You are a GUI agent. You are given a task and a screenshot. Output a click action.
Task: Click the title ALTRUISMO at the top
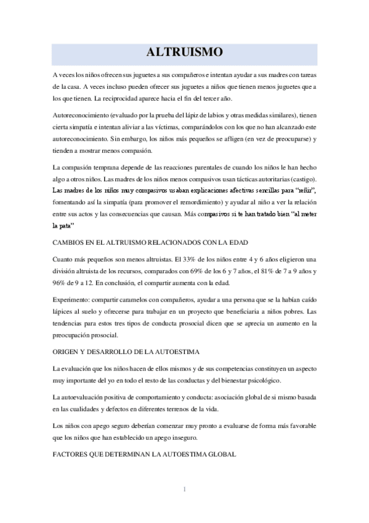(x=184, y=52)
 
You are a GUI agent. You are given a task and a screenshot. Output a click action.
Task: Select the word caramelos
(x=139, y=299)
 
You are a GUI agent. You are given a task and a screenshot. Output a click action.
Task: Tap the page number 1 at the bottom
(x=184, y=490)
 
